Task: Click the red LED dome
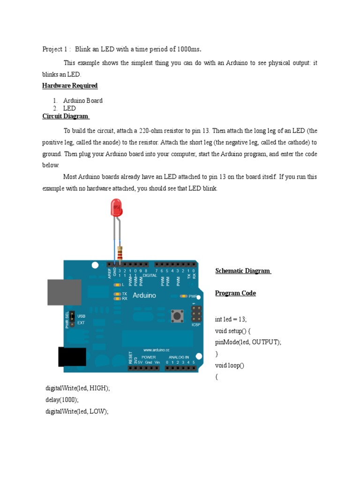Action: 116,206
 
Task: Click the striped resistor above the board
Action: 121,253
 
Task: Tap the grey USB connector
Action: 64,292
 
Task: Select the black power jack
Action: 72,357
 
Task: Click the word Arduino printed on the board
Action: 144,295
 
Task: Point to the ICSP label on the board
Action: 196,324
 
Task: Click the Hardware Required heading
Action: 70,86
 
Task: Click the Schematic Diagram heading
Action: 243,271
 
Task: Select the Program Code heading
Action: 235,293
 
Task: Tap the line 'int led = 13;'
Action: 231,320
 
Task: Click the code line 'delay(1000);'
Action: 62,400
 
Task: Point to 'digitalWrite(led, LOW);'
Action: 77,411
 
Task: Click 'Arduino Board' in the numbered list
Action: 83,101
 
